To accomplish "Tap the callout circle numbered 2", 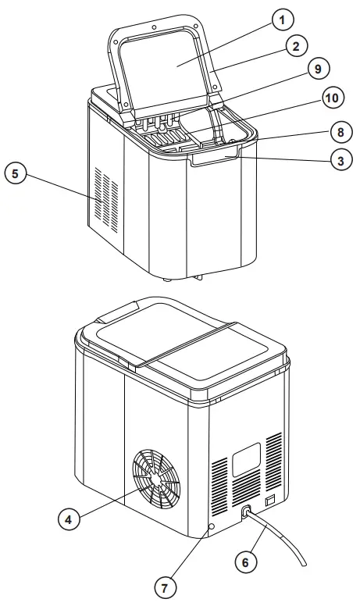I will click(296, 46).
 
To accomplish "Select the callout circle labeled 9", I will click(317, 70).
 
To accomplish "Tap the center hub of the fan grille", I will click(160, 485).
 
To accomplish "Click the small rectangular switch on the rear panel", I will click(270, 497).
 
